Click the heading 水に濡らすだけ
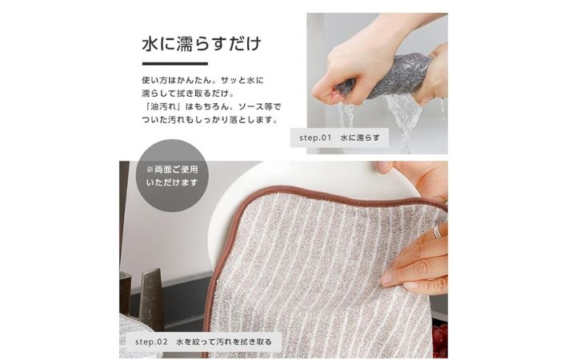(202, 44)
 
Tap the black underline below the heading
(174, 64)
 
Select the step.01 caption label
(339, 138)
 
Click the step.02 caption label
(203, 342)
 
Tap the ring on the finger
(438, 232)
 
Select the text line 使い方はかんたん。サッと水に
(203, 81)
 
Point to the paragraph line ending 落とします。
(210, 120)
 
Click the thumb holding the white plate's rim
(384, 167)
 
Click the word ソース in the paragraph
(251, 107)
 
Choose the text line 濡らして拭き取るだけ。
(188, 94)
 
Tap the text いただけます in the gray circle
(172, 182)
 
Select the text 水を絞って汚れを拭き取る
(224, 342)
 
